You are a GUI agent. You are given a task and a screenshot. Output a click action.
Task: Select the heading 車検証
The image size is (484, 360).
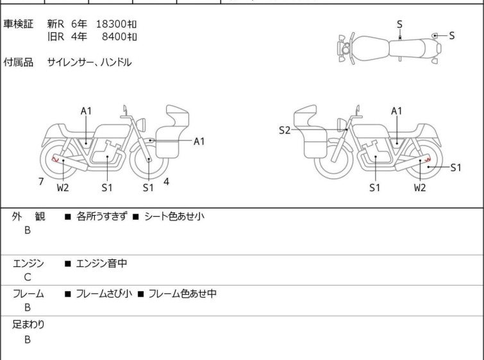[18, 24]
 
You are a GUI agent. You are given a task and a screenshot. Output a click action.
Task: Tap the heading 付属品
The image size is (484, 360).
[18, 62]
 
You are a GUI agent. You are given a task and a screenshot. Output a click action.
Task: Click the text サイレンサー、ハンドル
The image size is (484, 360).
[90, 62]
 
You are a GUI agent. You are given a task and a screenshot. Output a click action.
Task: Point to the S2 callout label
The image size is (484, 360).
[284, 130]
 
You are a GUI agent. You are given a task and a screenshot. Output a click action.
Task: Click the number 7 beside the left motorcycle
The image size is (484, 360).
[41, 182]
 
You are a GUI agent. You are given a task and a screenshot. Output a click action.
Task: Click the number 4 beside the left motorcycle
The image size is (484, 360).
[166, 182]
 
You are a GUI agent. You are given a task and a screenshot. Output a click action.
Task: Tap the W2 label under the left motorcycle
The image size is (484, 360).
[63, 187]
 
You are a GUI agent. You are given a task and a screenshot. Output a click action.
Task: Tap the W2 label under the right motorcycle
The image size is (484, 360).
[420, 187]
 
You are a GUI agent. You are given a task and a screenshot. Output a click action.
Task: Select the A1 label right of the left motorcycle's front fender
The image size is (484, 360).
[199, 141]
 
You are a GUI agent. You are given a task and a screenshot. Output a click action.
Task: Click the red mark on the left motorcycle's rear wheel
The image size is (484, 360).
[56, 159]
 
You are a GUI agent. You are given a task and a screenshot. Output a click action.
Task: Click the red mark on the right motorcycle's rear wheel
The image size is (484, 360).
[428, 160]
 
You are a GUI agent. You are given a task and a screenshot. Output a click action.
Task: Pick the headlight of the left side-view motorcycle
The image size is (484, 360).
[141, 124]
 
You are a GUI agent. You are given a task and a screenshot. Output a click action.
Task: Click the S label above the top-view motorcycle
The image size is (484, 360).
[399, 24]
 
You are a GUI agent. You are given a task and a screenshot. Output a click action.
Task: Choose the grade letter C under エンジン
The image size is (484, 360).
[28, 277]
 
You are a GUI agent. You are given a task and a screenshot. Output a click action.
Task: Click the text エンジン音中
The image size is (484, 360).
[101, 263]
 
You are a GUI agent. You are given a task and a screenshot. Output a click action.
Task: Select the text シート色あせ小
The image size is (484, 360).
[174, 216]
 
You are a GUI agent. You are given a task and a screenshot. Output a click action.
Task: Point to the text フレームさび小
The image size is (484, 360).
[104, 293]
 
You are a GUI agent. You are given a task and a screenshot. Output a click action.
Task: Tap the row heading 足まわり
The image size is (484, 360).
[28, 325]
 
